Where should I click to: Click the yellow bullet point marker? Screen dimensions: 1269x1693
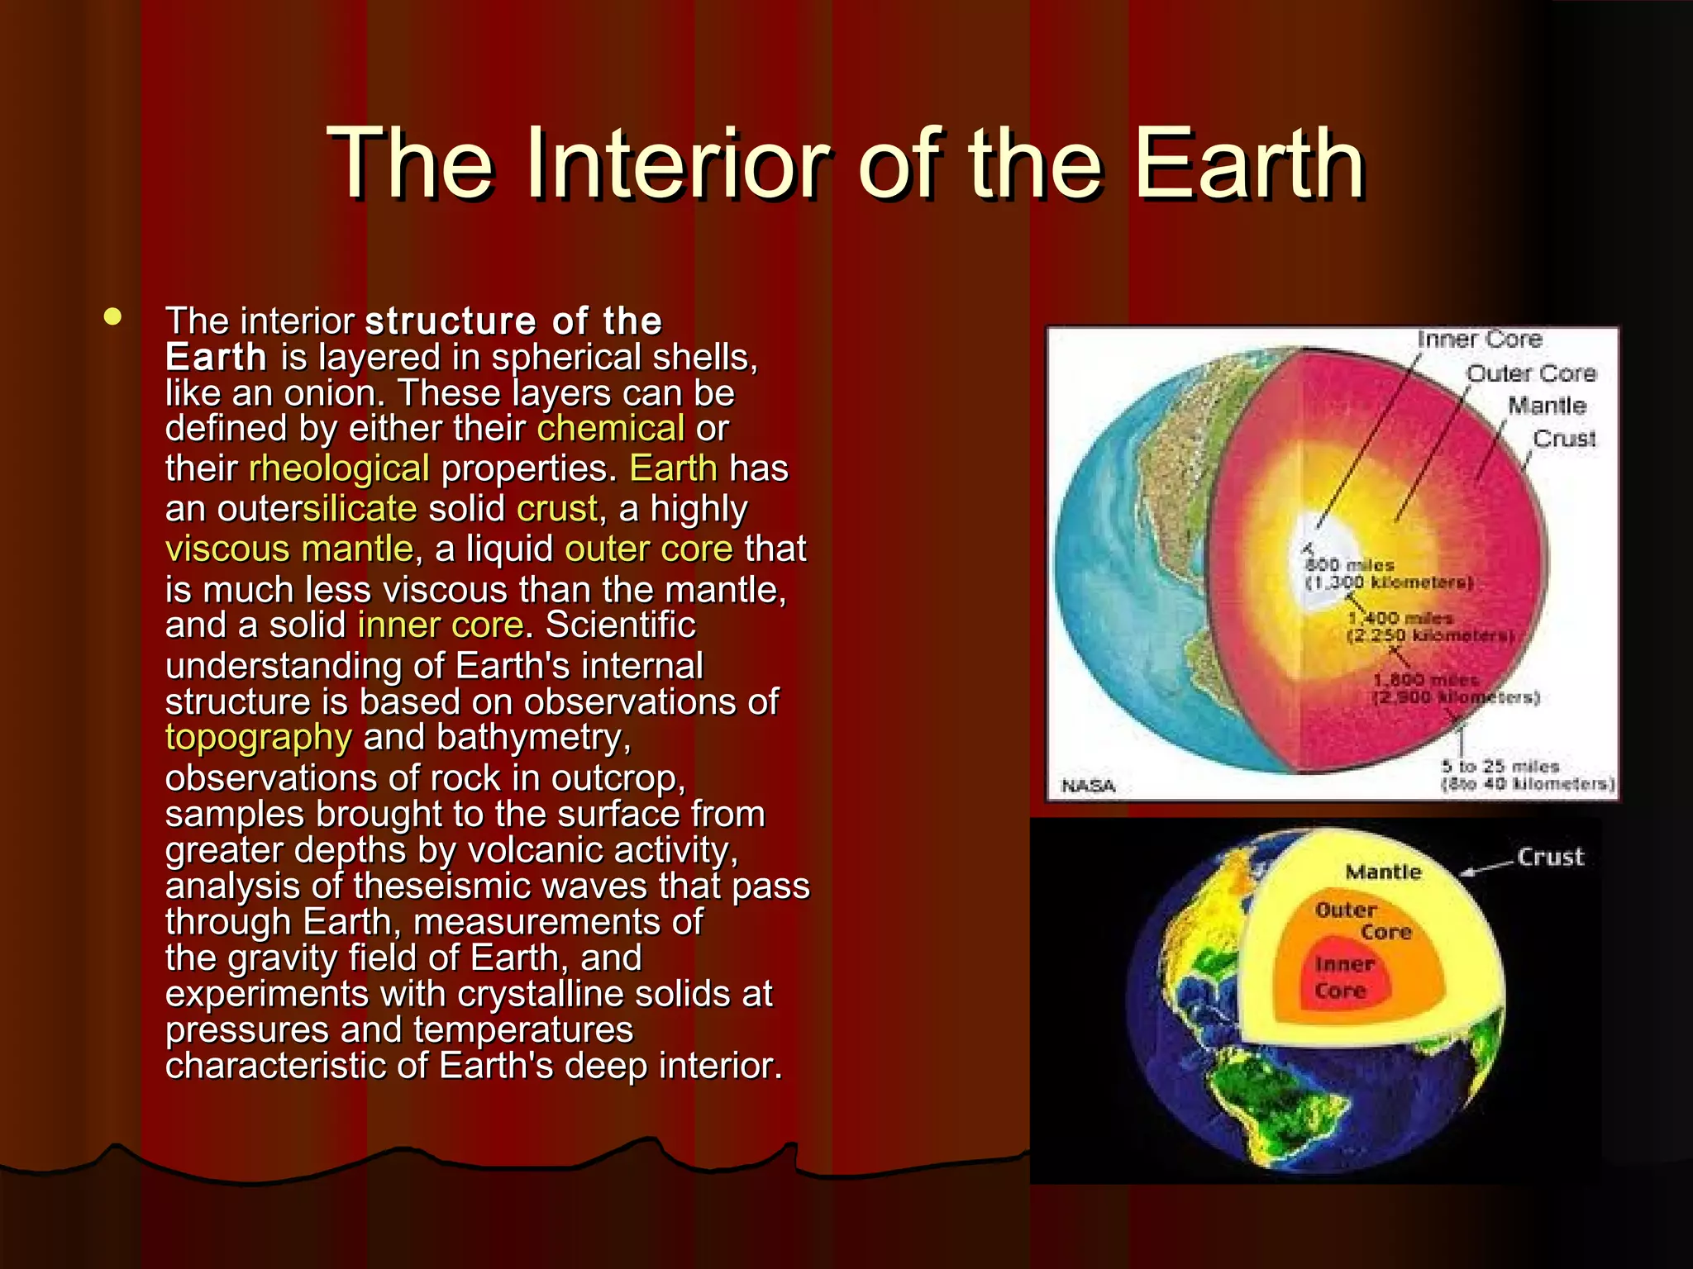click(113, 316)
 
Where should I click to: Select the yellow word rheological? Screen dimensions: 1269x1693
click(339, 468)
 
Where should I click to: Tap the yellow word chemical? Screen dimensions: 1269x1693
click(610, 428)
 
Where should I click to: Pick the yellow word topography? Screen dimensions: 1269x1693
click(258, 737)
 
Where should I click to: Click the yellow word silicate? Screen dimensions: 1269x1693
click(360, 508)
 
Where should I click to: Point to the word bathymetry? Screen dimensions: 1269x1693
click(533, 737)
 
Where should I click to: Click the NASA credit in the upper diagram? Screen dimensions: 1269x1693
click(1088, 785)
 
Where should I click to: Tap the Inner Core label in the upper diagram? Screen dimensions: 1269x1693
click(1480, 339)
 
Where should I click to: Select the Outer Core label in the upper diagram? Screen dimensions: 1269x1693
click(1531, 373)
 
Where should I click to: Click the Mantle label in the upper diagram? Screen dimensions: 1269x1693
click(1547, 406)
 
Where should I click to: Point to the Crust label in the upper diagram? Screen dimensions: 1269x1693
click(1564, 438)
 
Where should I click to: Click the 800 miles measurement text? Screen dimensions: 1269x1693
click(1349, 565)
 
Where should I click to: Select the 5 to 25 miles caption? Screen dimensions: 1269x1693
click(1500, 766)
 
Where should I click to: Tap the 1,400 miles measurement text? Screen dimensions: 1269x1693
click(1400, 618)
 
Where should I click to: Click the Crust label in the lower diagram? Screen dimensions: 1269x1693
click(1550, 857)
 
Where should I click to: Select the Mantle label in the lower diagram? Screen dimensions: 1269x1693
click(1383, 872)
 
